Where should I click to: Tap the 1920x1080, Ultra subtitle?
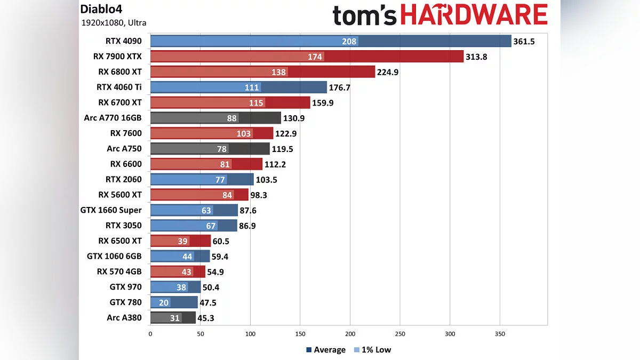point(114,23)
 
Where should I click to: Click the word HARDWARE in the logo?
point(474,15)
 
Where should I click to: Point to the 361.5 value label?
point(524,41)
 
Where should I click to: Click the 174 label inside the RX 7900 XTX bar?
point(315,57)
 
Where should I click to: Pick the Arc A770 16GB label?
point(113,118)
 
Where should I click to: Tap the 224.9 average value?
point(388,72)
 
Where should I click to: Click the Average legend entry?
point(325,350)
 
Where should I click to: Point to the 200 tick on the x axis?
point(350,334)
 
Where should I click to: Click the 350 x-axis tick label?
point(500,334)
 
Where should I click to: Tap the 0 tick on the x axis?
point(150,334)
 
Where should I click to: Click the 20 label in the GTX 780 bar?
point(164,303)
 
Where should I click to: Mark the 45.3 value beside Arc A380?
point(208,318)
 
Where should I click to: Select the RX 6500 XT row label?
point(120,241)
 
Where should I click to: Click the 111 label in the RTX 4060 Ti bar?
point(252,87)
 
